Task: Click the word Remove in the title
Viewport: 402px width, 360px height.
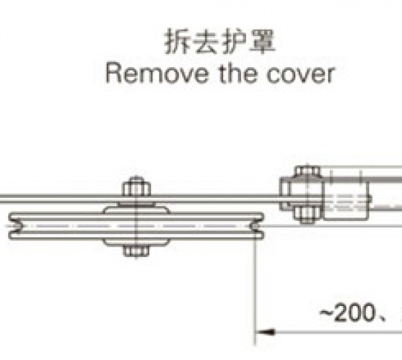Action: point(157,73)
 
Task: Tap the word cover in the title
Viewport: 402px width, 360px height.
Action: point(300,74)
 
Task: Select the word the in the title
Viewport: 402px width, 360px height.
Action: point(238,73)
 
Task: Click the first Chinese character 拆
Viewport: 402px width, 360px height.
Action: point(177,41)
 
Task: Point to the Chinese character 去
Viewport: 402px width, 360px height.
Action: point(205,41)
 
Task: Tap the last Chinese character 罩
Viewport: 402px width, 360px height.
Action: point(262,41)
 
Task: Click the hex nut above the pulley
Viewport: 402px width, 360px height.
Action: point(137,188)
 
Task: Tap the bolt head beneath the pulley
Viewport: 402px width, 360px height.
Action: point(136,251)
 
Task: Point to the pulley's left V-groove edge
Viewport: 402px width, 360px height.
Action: point(16,226)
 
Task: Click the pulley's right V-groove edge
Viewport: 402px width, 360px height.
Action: point(257,226)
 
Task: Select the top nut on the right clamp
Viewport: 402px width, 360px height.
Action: point(308,172)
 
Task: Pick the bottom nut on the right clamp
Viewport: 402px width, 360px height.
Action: point(307,215)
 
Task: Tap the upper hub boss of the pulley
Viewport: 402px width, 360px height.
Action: point(136,208)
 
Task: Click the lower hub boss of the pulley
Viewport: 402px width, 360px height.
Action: point(136,242)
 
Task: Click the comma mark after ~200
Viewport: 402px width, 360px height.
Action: point(383,318)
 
